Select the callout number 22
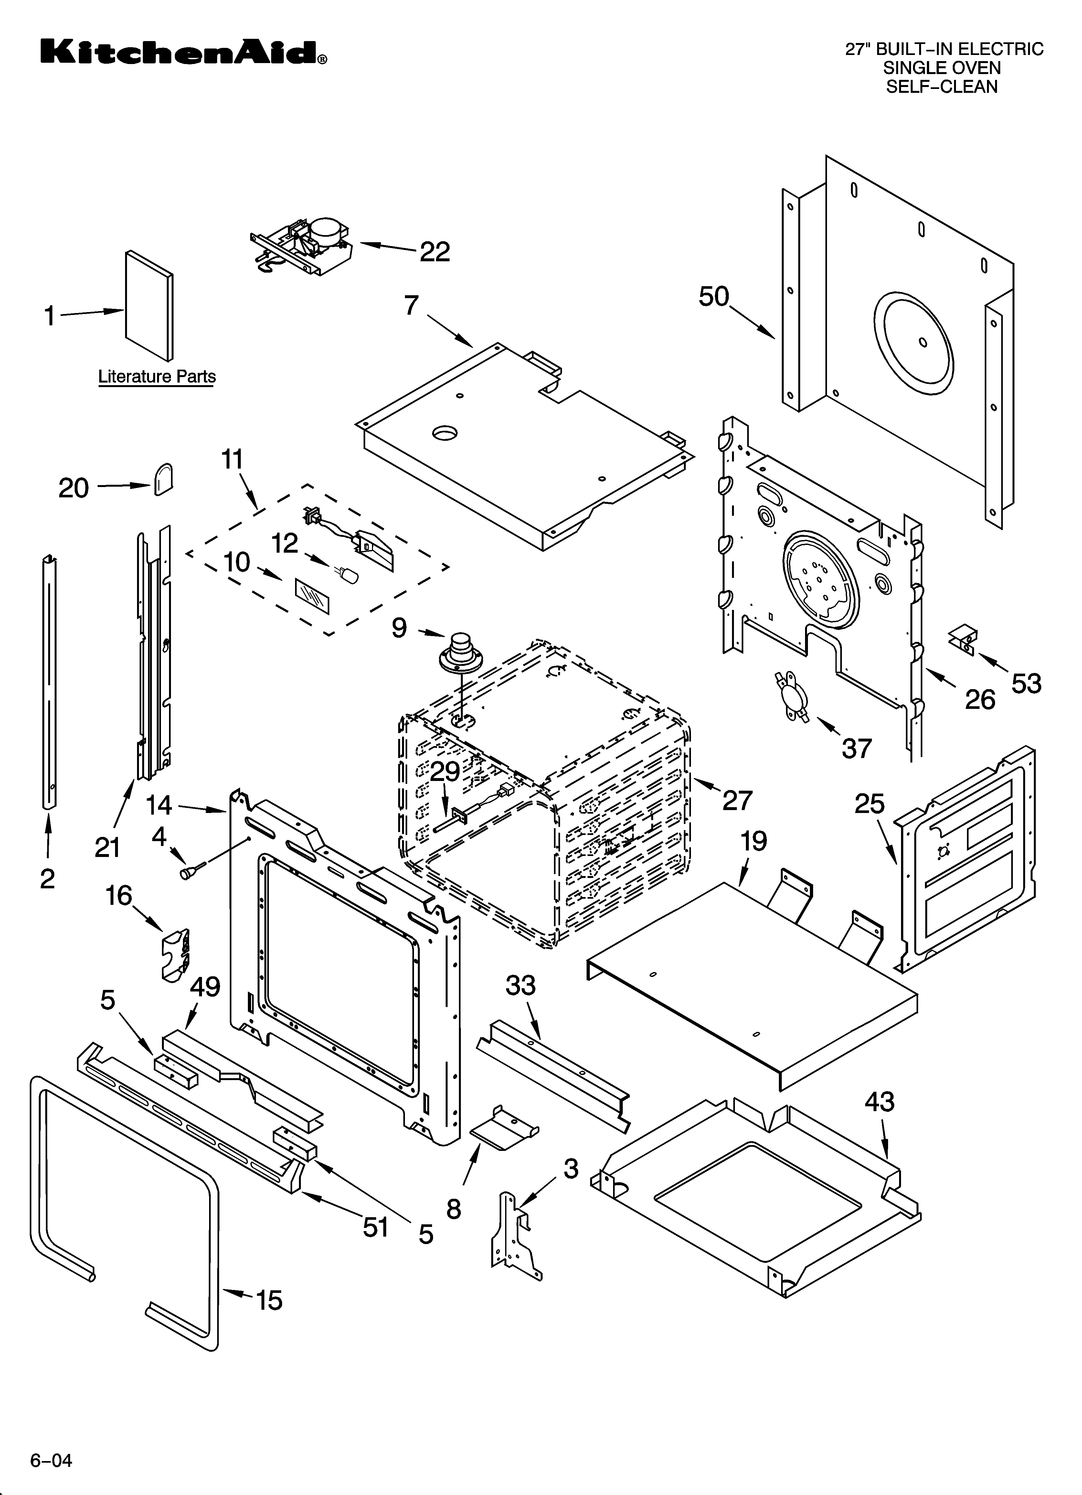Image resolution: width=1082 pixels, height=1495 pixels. (435, 252)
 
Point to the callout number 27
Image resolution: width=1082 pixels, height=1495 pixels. (737, 800)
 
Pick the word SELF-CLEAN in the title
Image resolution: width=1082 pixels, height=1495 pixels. (942, 86)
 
